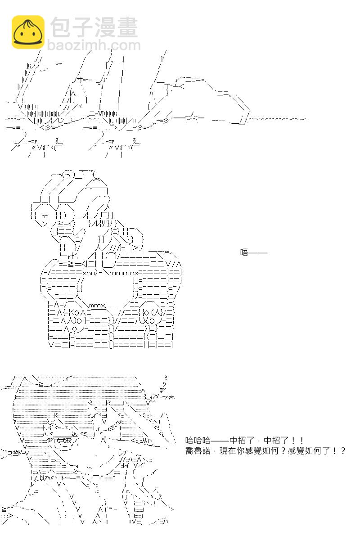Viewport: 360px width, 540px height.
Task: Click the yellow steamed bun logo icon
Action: pyautogui.click(x=28, y=32)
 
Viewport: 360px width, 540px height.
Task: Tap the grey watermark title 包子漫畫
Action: pyautogui.click(x=94, y=27)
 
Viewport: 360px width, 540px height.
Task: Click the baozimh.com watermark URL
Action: pyautogui.click(x=94, y=45)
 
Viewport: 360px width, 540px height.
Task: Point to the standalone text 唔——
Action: pyautogui.click(x=253, y=252)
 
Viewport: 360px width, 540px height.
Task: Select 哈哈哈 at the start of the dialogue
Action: pyautogui.click(x=198, y=441)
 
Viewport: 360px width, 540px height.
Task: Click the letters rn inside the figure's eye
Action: pyautogui.click(x=45, y=216)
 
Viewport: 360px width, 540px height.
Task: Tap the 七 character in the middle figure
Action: pyautogui.click(x=74, y=256)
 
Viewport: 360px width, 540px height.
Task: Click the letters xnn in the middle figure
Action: pyautogui.click(x=89, y=273)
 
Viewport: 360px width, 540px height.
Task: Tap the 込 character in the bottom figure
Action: pyautogui.click(x=75, y=434)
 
